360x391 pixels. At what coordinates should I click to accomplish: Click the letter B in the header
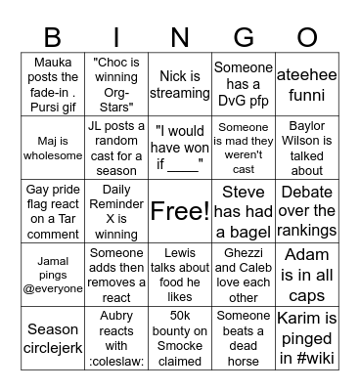(52, 38)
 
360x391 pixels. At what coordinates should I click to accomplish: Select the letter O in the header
(307, 38)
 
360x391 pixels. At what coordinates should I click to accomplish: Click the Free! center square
(180, 211)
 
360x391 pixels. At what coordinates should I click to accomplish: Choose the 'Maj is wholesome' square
(54, 149)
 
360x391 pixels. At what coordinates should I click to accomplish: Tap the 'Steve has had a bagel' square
(244, 211)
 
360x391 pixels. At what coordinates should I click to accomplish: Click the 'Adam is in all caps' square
(307, 274)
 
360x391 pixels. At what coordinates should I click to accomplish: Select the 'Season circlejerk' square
(54, 338)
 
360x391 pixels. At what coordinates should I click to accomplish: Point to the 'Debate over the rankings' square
(307, 211)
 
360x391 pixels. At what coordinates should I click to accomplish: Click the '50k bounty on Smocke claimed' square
(180, 338)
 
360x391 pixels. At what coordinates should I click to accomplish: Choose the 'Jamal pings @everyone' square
(54, 274)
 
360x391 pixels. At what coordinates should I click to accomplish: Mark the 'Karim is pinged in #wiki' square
(307, 338)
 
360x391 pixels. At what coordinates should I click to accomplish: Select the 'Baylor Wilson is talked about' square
(307, 149)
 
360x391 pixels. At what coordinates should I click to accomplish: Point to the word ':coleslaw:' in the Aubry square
(116, 361)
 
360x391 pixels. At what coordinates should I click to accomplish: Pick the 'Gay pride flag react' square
(54, 211)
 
